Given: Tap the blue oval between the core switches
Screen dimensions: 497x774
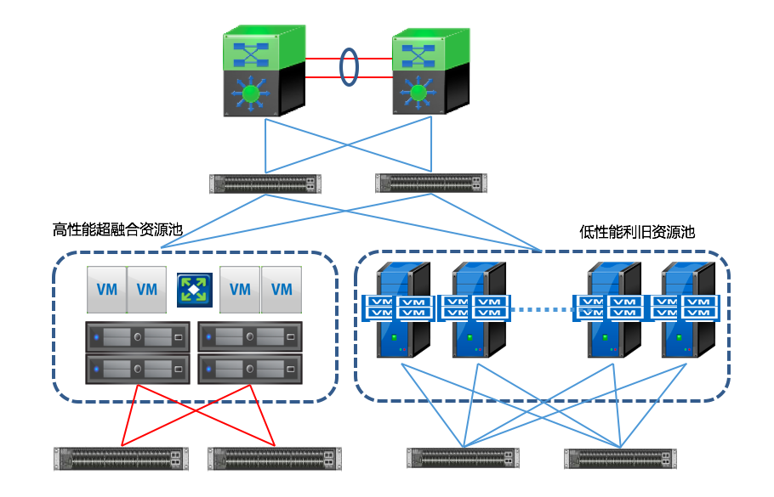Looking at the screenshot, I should click(x=348, y=68).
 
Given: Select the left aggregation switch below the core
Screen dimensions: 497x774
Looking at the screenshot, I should click(x=265, y=184).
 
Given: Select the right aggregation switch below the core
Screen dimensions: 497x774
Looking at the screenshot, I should click(x=431, y=183).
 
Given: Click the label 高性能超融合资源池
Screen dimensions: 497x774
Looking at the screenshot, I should click(x=117, y=230).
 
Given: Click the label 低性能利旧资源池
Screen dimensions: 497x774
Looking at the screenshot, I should click(x=637, y=231).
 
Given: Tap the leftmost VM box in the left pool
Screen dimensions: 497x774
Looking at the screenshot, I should click(x=106, y=289).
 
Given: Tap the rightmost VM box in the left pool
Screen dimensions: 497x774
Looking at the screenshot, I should click(x=282, y=289).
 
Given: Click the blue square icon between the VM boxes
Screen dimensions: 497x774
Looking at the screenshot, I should click(x=194, y=289).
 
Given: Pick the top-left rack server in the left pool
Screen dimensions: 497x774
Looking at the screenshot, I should click(x=137, y=337).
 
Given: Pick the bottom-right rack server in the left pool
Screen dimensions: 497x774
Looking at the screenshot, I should click(x=249, y=370).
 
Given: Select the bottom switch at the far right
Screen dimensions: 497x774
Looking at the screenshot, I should click(x=619, y=459).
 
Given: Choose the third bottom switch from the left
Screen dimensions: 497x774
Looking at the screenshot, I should click(x=464, y=459).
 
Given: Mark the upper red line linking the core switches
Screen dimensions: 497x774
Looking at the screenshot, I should click(x=323, y=59).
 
